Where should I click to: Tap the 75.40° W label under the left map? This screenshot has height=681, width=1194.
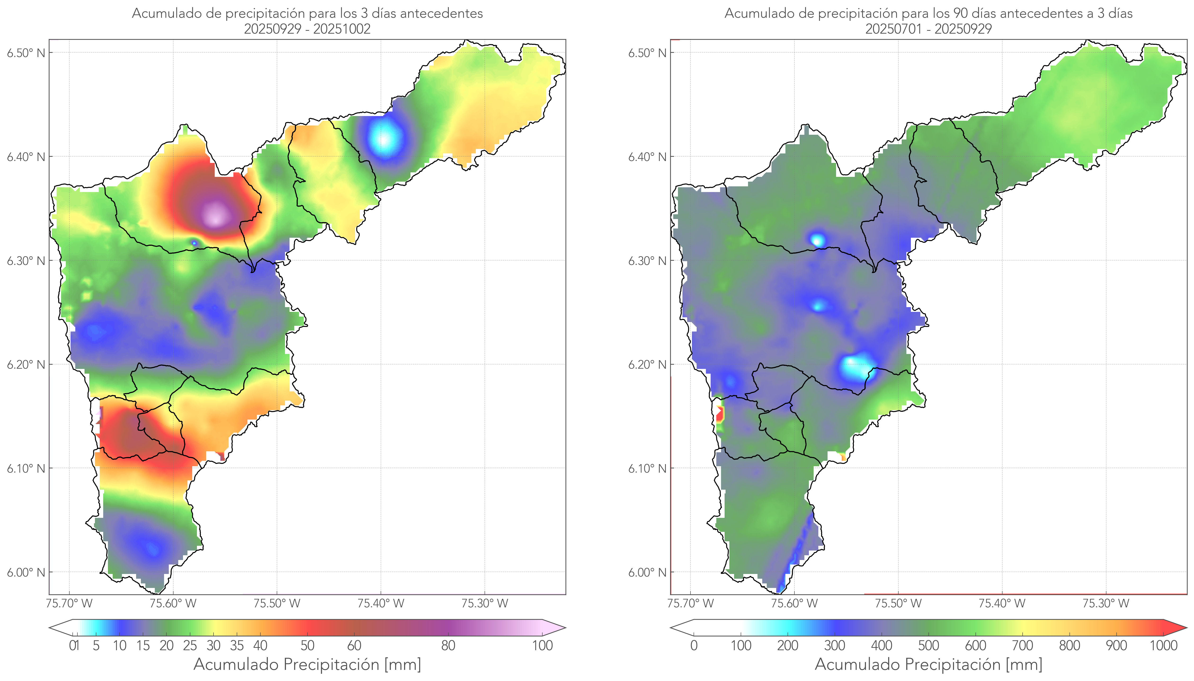[x=381, y=603]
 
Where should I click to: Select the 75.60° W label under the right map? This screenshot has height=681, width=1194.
[x=794, y=603]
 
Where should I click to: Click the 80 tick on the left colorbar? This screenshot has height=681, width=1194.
[x=448, y=645]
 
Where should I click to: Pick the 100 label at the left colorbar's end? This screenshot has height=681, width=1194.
[x=542, y=645]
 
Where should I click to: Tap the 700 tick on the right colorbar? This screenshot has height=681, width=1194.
[x=1022, y=645]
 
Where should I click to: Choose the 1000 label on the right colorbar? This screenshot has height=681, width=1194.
[x=1163, y=645]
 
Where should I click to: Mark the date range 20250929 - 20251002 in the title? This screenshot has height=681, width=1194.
[x=307, y=29]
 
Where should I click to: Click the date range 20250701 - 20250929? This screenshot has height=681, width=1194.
[x=928, y=29]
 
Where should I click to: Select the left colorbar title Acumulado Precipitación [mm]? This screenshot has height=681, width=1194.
[x=307, y=664]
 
